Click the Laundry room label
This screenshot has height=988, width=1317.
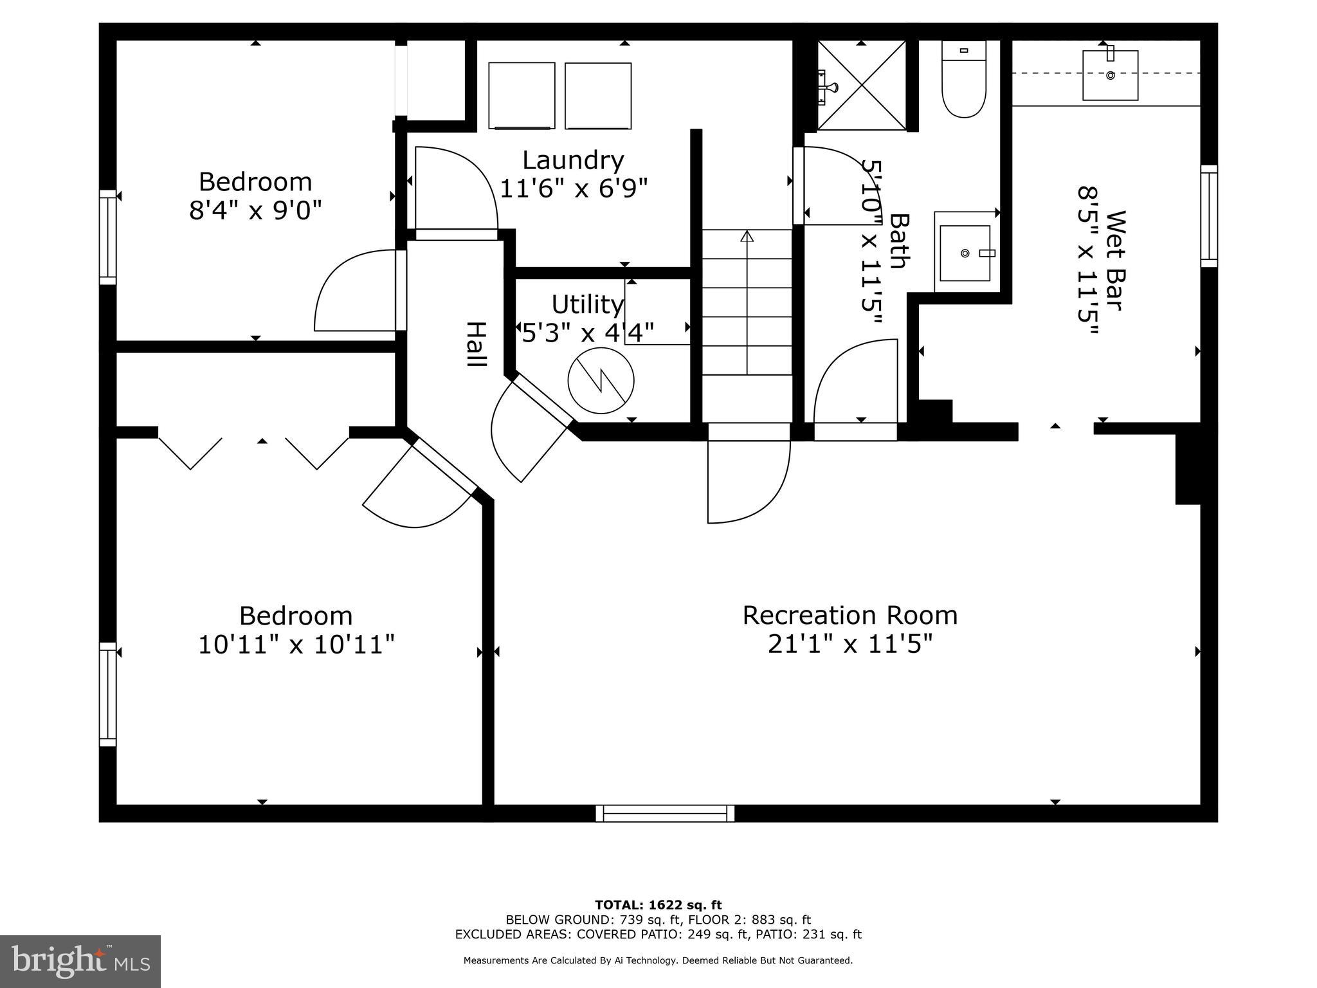(x=572, y=160)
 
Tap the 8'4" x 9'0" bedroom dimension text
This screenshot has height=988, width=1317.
(x=255, y=210)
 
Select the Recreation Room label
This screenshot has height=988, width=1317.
(x=849, y=615)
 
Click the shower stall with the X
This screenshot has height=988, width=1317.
(x=862, y=85)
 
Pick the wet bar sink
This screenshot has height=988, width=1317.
(x=1110, y=75)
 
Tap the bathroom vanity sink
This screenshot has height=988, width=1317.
(x=965, y=253)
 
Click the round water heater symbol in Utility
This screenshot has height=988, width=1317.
(x=601, y=380)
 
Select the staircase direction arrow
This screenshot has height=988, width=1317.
(x=747, y=237)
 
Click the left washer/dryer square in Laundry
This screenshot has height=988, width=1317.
(x=522, y=95)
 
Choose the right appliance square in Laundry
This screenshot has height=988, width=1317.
(x=597, y=95)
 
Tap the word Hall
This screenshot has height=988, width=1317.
(x=475, y=344)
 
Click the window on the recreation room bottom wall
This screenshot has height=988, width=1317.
(x=665, y=814)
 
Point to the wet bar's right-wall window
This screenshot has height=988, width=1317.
(x=1209, y=216)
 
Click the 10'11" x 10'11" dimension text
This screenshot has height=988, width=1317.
(x=296, y=644)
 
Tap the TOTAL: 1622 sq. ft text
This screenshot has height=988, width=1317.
(x=658, y=905)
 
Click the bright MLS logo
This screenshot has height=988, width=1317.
(x=80, y=962)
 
